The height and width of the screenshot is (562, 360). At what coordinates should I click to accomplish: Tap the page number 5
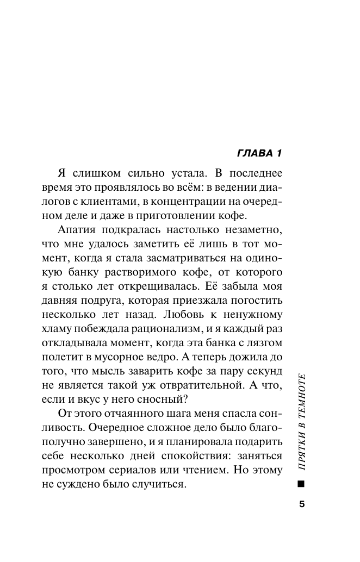coord(302,503)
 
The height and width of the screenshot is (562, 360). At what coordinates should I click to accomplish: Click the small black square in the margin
coord(302,483)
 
